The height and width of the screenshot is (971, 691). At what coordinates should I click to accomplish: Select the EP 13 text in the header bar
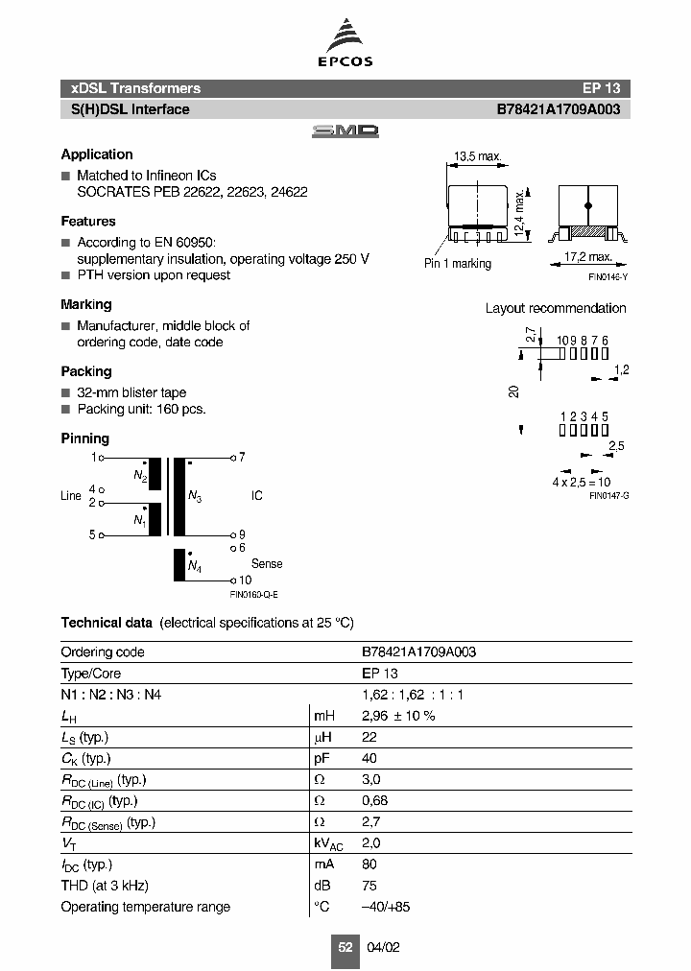point(601,88)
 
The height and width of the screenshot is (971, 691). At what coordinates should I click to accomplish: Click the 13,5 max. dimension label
point(477,156)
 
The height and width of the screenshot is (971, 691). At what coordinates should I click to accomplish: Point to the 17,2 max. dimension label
point(586,257)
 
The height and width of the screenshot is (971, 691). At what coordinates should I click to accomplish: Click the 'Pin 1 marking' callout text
point(458,264)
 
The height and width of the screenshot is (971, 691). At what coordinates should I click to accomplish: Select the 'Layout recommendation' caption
point(555,308)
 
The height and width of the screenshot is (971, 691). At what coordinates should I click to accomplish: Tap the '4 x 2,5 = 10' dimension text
point(582,482)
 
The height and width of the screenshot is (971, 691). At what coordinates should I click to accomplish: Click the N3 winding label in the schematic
point(195,496)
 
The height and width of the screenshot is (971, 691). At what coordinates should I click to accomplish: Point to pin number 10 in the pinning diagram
point(245,580)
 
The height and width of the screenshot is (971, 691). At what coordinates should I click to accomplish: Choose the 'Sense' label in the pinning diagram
point(267,564)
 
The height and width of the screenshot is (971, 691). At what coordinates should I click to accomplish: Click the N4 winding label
point(195,568)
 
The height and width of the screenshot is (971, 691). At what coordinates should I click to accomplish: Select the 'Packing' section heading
point(86,371)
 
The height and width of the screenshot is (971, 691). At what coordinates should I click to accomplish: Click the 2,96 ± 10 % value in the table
point(398,716)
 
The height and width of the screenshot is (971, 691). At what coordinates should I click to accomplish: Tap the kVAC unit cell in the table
point(328,843)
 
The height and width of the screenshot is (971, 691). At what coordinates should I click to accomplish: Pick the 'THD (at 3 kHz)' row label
point(105,886)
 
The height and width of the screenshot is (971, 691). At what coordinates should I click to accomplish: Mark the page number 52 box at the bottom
point(345,947)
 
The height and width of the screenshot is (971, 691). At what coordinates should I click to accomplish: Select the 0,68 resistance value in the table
point(375,801)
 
